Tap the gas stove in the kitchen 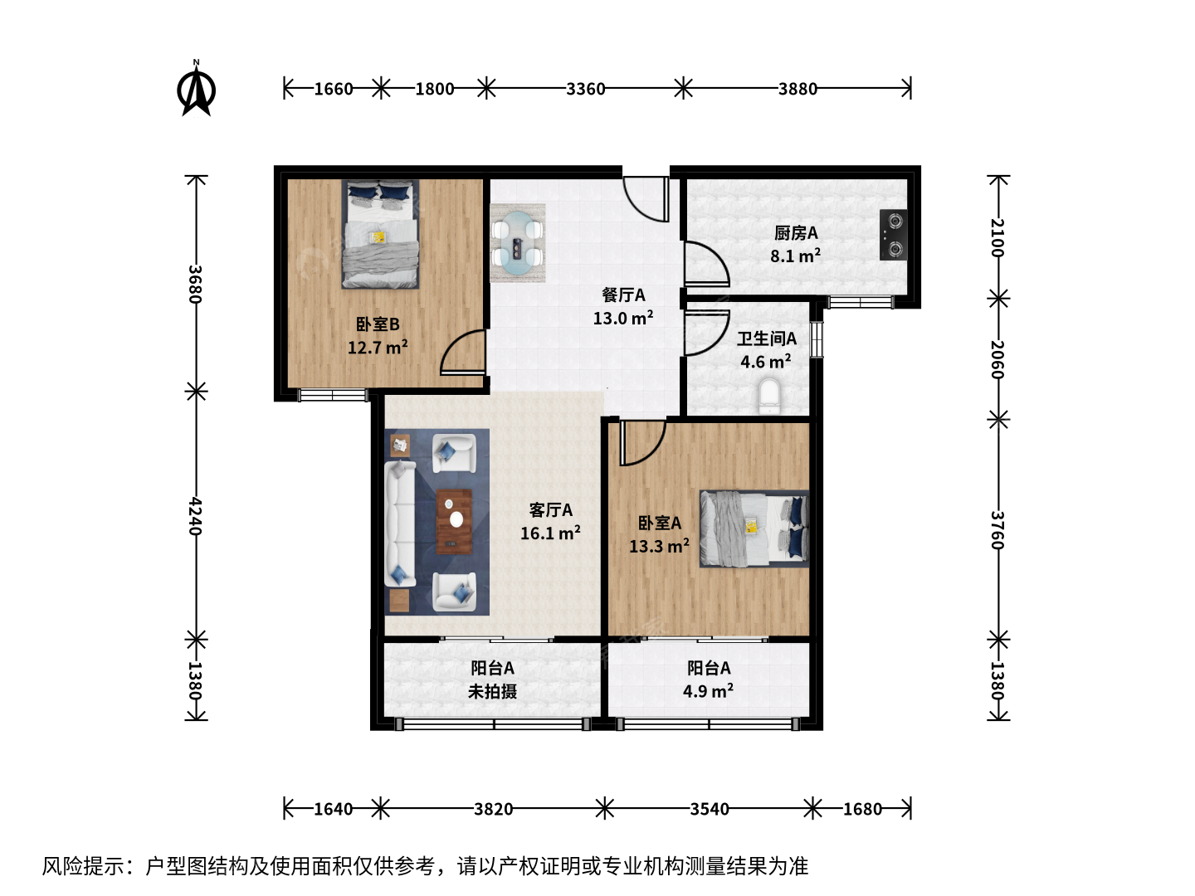point(894,235)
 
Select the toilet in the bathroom point(768,397)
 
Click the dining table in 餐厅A point(517,243)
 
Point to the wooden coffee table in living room point(454,522)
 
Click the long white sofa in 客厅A point(400,523)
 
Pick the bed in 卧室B point(381,234)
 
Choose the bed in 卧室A point(754,528)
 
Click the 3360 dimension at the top point(585,89)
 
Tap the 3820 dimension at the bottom point(493,809)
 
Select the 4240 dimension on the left point(196,516)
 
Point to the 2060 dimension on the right point(997,359)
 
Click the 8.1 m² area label point(795,256)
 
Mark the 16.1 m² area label point(550,533)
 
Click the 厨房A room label point(796,233)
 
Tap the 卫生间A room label point(767,339)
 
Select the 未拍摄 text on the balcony point(493,691)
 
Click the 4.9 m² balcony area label point(709,691)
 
